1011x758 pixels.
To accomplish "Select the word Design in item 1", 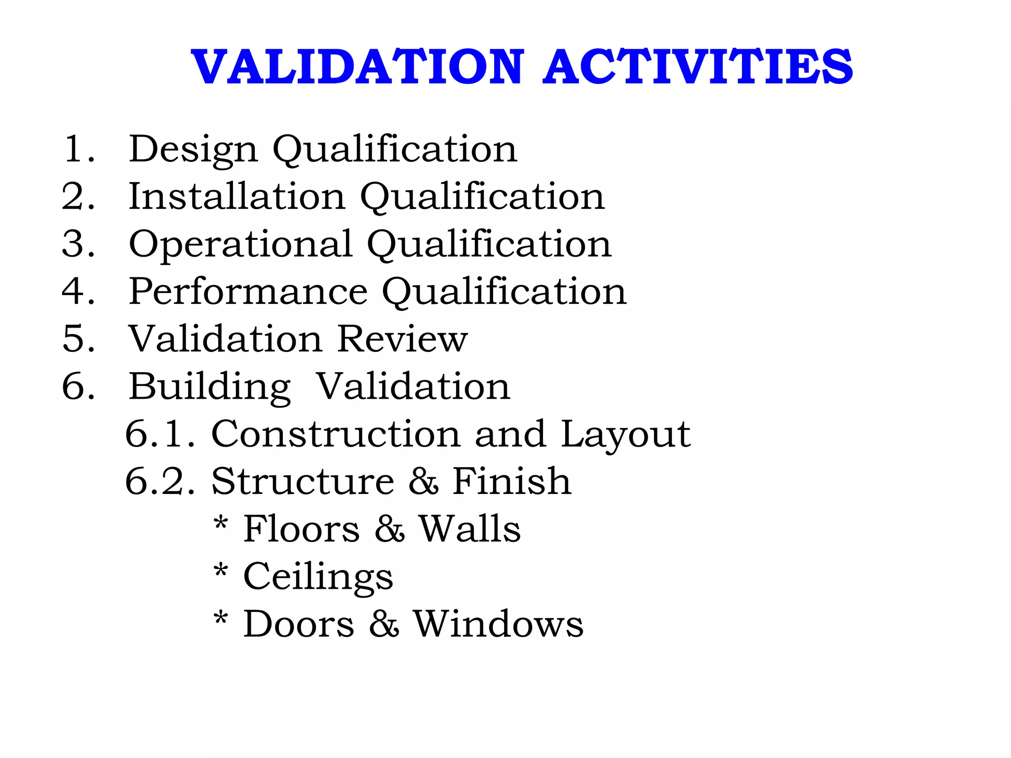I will pos(193,149).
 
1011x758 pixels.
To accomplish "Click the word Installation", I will pos(236,196).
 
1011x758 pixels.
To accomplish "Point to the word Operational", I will pos(240,244).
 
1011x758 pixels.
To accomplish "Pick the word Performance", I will pos(248,291).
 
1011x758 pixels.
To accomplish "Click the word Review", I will pos(402,339).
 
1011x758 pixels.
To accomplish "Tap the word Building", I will pos(210,387).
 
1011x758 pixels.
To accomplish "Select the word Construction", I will pos(336,434).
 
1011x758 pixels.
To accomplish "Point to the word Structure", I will pos(303,481).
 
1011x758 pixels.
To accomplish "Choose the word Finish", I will pos(512,481).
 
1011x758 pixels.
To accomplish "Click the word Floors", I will pos(301,529).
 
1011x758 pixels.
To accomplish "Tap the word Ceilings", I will pos(318,576).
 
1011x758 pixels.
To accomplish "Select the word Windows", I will pos(498,624).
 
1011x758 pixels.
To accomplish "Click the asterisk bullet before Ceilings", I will pos(221,571).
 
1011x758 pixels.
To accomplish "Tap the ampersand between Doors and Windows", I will pos(384,624).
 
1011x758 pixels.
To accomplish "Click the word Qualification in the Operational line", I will pos(489,244).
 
